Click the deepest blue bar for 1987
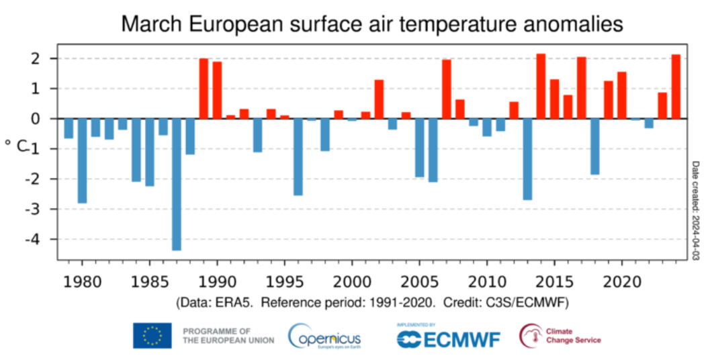[177, 184]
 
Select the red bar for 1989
[204, 89]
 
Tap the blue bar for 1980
[82, 161]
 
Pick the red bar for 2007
[447, 89]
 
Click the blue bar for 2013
[527, 159]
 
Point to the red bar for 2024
[676, 87]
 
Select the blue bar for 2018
[594, 146]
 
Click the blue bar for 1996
[298, 156]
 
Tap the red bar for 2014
[541, 86]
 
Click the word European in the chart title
[234, 25]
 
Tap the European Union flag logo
[152, 336]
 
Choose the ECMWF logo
[448, 336]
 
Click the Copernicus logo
[325, 336]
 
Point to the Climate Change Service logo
[560, 336]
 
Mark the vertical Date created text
[696, 210]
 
